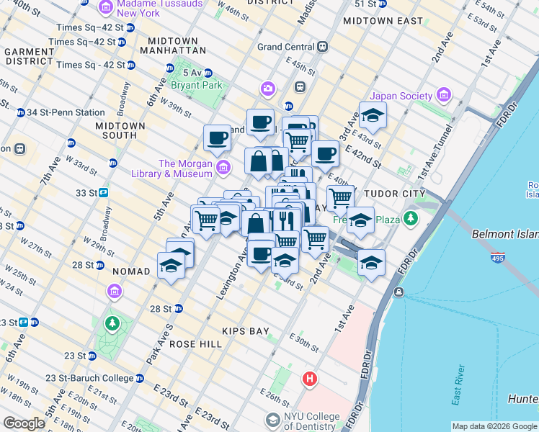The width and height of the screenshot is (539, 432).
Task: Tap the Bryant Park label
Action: tap(195, 84)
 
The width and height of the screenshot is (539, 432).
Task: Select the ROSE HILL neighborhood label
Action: tap(196, 344)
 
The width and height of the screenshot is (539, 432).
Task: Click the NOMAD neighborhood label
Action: tap(131, 271)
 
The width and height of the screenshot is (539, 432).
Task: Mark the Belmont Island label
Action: tap(504, 235)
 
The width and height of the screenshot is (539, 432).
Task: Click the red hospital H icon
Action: tap(310, 378)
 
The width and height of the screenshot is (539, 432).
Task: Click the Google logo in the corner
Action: tap(24, 423)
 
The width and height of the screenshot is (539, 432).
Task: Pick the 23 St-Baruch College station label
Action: tap(89, 378)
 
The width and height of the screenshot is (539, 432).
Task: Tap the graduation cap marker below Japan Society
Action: tap(373, 116)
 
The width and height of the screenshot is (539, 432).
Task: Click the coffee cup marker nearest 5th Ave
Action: tap(217, 138)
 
